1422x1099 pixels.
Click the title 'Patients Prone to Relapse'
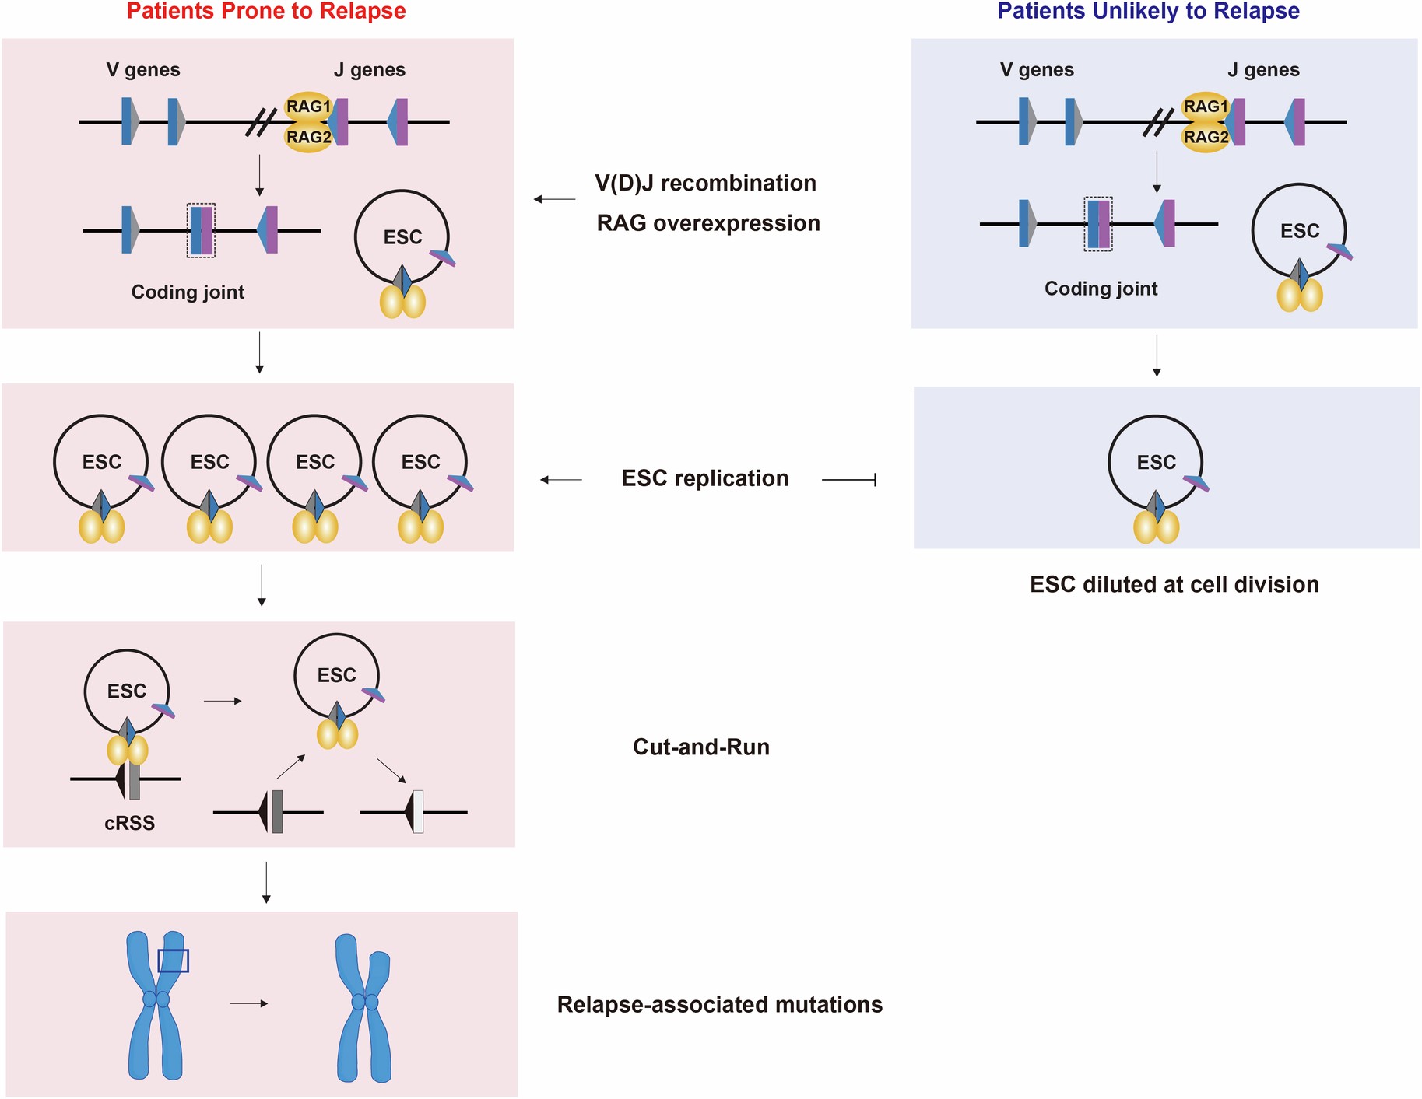(x=266, y=11)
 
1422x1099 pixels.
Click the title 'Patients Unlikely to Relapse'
(x=1148, y=11)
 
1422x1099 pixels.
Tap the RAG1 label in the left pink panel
(x=308, y=107)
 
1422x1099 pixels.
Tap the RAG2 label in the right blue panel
(x=1205, y=138)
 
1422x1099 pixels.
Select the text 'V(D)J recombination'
(x=705, y=184)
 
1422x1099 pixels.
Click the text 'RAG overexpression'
(x=708, y=223)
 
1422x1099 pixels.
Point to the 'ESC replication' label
(x=704, y=478)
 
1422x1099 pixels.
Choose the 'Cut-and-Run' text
(x=700, y=747)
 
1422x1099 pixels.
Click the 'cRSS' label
(x=129, y=824)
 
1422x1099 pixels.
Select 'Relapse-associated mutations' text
(x=719, y=1005)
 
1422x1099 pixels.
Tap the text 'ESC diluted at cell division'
(x=1174, y=585)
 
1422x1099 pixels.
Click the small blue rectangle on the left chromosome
(x=173, y=961)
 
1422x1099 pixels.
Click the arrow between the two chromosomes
(x=249, y=1004)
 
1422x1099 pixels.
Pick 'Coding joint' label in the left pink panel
(x=188, y=292)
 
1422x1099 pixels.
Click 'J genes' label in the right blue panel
(x=1263, y=70)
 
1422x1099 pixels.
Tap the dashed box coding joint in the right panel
(x=1098, y=224)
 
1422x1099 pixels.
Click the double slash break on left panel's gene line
(x=261, y=122)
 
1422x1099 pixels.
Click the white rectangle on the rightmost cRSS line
(x=418, y=812)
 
